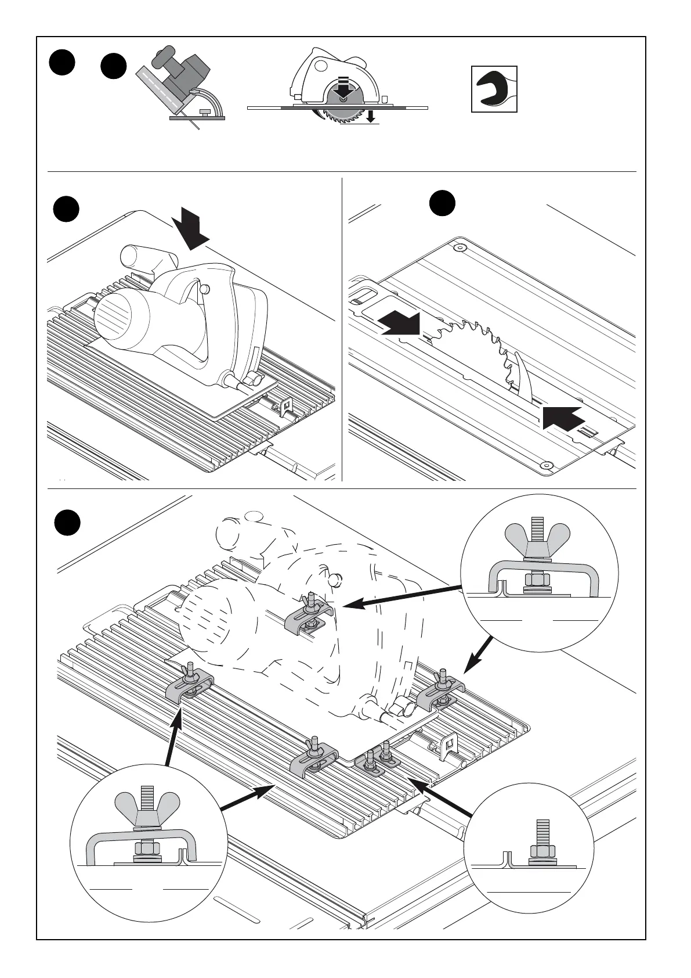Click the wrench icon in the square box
[x=494, y=89]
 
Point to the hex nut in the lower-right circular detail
[x=542, y=851]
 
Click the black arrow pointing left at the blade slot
[x=562, y=416]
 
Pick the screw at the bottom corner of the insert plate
[x=545, y=466]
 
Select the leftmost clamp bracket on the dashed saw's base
[x=190, y=685]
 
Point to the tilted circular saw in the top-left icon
[x=181, y=87]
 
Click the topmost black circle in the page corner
[x=62, y=63]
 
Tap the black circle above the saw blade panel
[x=442, y=203]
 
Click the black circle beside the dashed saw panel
[x=67, y=522]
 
